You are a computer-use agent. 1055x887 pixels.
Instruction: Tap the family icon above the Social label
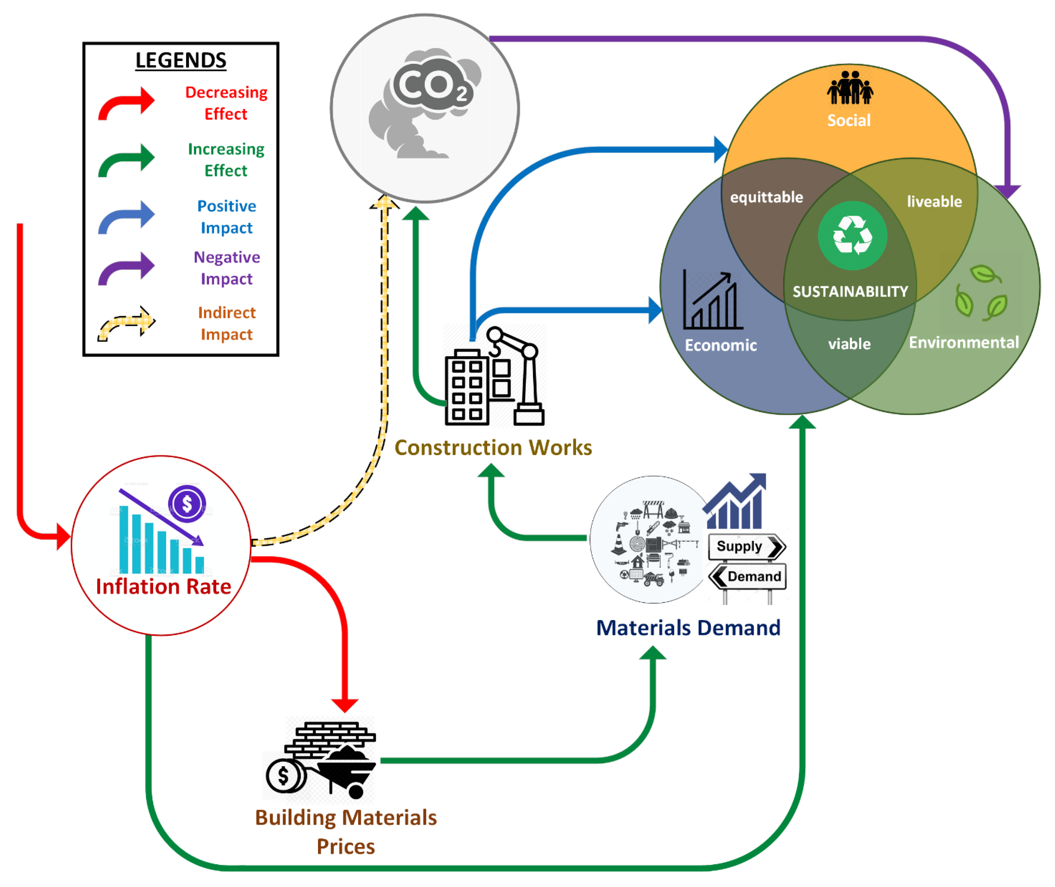[850, 88]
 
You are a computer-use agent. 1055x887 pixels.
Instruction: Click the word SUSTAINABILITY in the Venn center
[850, 292]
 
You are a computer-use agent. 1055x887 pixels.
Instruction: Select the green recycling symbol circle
[853, 235]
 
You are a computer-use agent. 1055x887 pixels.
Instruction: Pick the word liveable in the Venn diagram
[934, 202]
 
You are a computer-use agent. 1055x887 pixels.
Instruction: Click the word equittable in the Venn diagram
[767, 197]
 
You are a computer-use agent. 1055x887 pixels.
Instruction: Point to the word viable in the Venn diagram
[849, 344]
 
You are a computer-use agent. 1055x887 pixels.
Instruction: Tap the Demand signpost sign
[749, 576]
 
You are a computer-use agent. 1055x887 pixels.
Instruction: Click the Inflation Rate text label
[163, 587]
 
